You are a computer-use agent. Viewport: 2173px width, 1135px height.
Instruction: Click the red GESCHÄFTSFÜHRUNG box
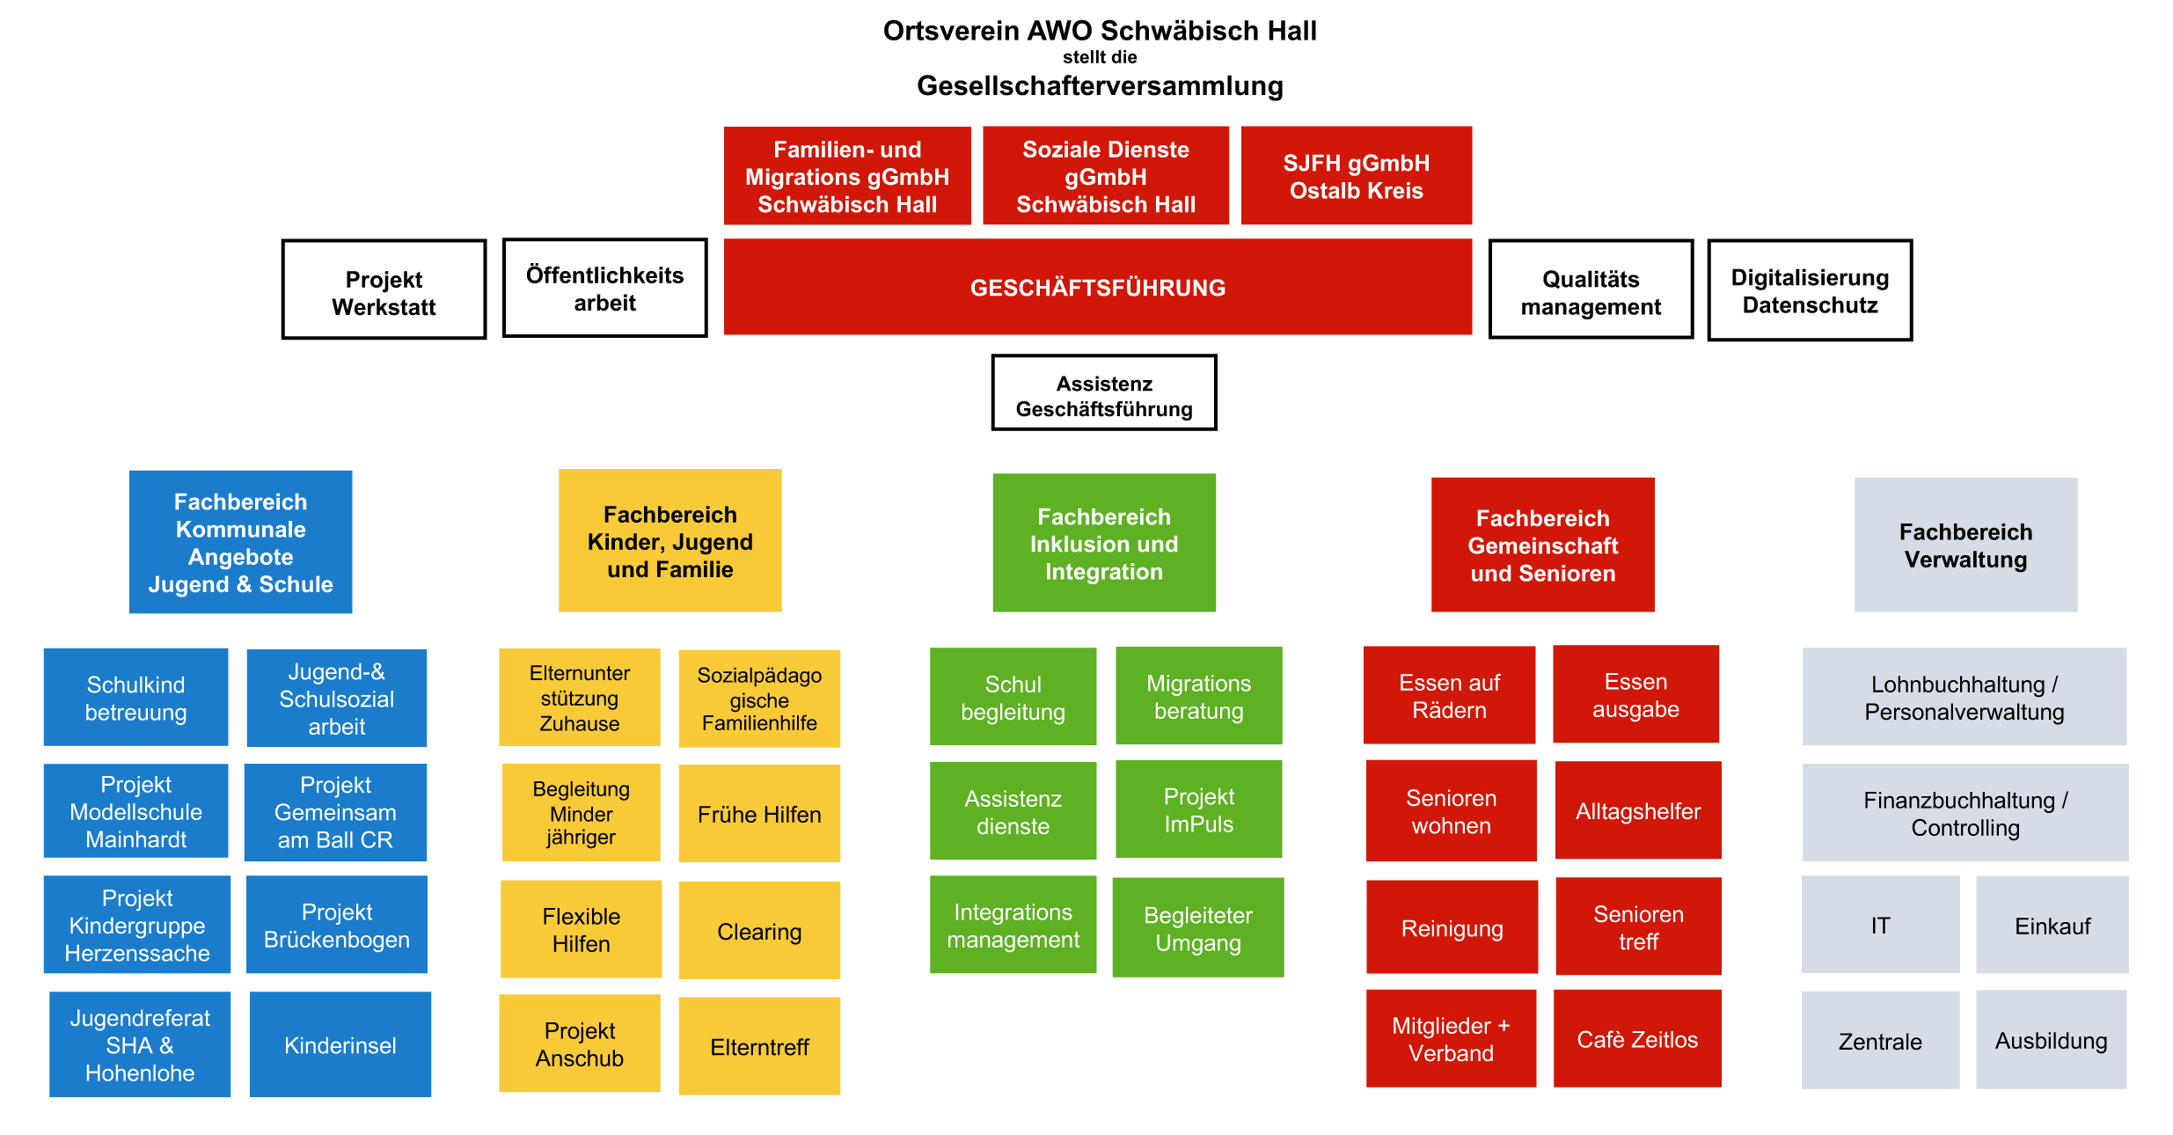pyautogui.click(x=1097, y=287)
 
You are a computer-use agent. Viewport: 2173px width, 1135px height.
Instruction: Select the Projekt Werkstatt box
pyautogui.click(x=384, y=289)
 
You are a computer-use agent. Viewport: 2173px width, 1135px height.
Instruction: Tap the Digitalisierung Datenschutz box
pyautogui.click(x=1810, y=290)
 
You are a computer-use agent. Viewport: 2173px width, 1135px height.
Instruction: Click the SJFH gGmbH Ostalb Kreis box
pyautogui.click(x=1356, y=176)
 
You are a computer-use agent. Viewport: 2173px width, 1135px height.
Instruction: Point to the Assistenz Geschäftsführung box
pyautogui.click(x=1104, y=393)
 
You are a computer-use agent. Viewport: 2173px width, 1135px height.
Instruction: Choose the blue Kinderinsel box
pyautogui.click(x=340, y=1044)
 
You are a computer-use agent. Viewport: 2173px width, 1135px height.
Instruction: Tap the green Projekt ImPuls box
pyautogui.click(x=1198, y=809)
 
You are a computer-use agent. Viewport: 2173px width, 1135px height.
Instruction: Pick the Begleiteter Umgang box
pyautogui.click(x=1197, y=927)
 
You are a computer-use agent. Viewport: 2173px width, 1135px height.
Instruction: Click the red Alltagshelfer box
pyautogui.click(x=1637, y=810)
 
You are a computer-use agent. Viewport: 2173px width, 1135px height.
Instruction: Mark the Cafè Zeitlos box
pyautogui.click(x=1636, y=1038)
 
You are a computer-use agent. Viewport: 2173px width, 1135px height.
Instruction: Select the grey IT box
pyautogui.click(x=1880, y=925)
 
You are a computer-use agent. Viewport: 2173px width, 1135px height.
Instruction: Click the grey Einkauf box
pyautogui.click(x=2052, y=925)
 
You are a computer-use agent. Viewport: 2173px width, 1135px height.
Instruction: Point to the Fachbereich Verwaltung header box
pyautogui.click(x=1965, y=545)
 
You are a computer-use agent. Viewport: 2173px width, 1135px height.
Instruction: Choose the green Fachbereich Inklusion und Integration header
pyautogui.click(x=1104, y=543)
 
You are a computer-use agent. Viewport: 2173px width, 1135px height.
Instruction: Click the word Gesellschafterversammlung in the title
pyautogui.click(x=1100, y=85)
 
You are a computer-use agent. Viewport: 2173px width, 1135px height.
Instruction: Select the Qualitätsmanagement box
pyautogui.click(x=1591, y=290)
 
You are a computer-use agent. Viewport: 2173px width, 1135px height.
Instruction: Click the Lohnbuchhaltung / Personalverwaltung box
pyautogui.click(x=1964, y=697)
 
